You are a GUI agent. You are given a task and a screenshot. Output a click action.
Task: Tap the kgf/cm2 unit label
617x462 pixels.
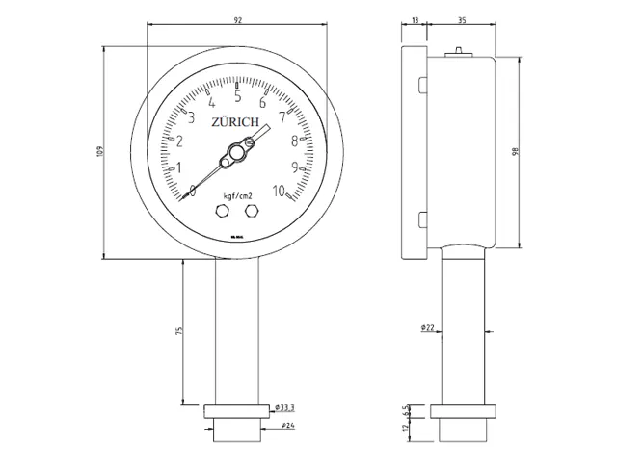pyautogui.click(x=237, y=195)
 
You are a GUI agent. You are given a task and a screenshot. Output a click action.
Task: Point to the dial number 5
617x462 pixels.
pyautogui.click(x=237, y=95)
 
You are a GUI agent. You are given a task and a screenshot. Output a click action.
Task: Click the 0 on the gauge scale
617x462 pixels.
pyautogui.click(x=193, y=191)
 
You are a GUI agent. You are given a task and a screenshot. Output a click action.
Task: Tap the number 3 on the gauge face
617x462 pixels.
pyautogui.click(x=191, y=118)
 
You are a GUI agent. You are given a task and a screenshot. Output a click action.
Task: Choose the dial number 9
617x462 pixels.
pyautogui.click(x=294, y=167)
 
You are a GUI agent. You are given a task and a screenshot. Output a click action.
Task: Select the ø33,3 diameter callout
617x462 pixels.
pyautogui.click(x=284, y=408)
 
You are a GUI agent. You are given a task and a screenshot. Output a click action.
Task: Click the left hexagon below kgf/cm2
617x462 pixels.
pyautogui.click(x=226, y=210)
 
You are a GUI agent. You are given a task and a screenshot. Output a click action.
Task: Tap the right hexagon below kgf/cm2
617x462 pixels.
pyautogui.click(x=252, y=210)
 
